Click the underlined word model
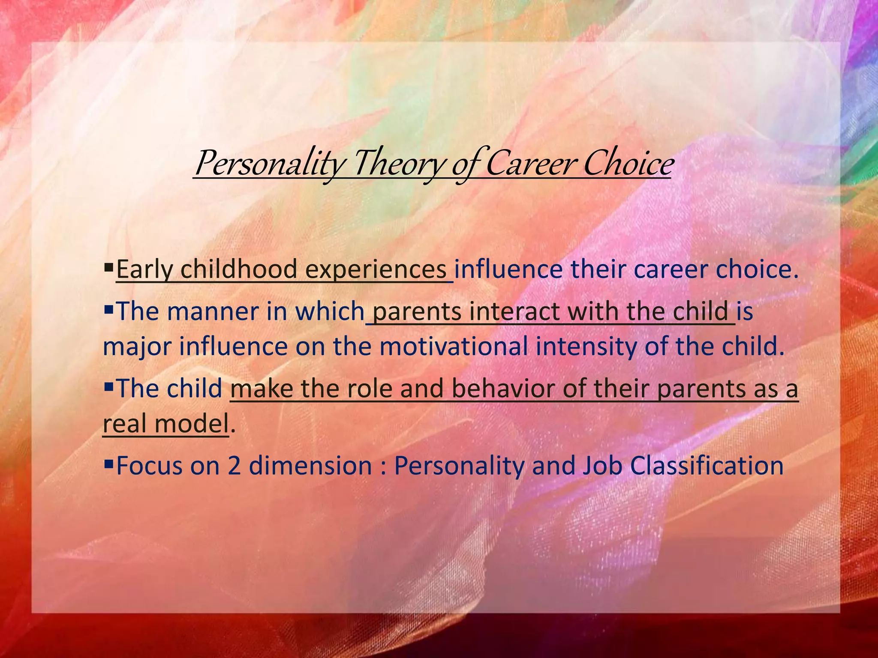191,424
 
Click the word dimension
310,466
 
